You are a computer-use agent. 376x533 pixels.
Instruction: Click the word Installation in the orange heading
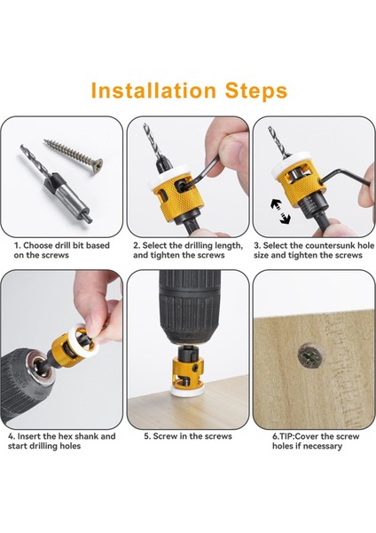tap(153, 91)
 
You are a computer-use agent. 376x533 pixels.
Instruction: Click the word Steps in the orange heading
tap(256, 91)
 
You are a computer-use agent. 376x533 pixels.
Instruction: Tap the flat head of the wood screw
tap(97, 166)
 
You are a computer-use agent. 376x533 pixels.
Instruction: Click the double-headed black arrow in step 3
tap(280, 211)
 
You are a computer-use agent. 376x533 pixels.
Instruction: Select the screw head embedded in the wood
tap(309, 357)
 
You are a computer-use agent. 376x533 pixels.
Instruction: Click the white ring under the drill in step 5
tap(188, 390)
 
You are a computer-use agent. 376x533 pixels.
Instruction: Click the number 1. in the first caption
tap(18, 245)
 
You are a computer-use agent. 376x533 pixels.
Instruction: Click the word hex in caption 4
tap(65, 436)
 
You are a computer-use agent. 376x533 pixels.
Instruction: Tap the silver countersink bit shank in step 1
tap(67, 196)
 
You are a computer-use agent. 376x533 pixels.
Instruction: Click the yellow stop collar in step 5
tap(189, 371)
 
